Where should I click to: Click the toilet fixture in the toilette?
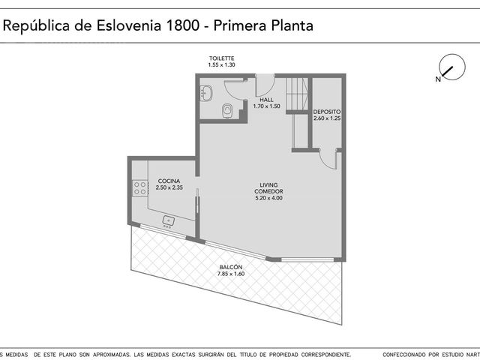[x=226, y=110]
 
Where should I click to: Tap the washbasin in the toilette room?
[x=206, y=93]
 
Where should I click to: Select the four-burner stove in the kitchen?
[x=139, y=188]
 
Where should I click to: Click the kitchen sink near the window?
[x=168, y=221]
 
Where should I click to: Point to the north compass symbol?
[x=451, y=68]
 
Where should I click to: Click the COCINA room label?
[x=169, y=181]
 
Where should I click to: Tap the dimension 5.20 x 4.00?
[x=268, y=198]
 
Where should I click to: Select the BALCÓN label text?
[x=231, y=267]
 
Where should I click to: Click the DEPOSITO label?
[x=327, y=112]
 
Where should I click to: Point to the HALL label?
[x=266, y=100]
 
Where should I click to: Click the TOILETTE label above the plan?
[x=222, y=58]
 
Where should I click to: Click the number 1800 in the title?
[x=182, y=25]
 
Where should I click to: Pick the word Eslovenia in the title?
[x=129, y=25]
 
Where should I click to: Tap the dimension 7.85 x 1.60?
[x=231, y=274]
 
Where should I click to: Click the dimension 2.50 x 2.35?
[x=169, y=187]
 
